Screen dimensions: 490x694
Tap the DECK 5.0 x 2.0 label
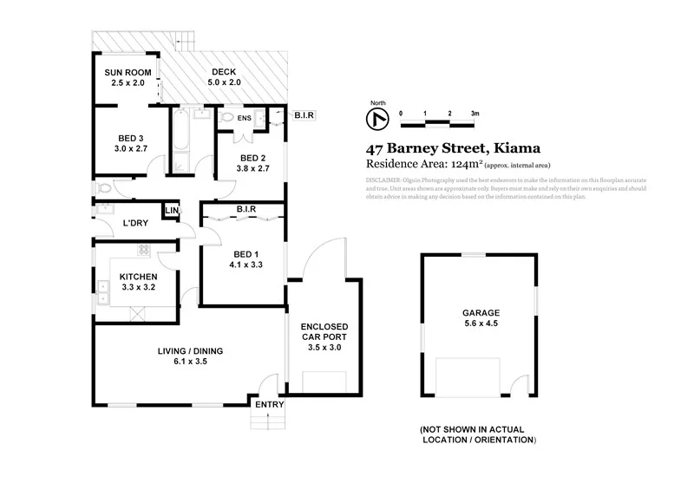tap(223, 77)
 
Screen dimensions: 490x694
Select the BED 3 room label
tap(132, 143)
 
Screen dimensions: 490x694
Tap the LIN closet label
tap(172, 211)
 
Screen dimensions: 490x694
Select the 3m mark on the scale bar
tap(475, 114)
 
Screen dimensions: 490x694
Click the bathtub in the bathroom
tap(180, 140)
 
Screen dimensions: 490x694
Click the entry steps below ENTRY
tap(267, 420)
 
